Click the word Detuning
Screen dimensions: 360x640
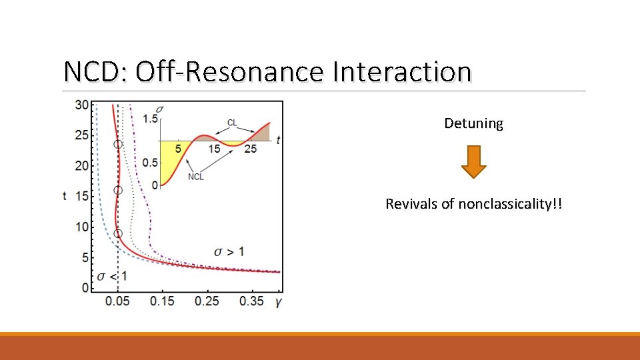pyautogui.click(x=473, y=123)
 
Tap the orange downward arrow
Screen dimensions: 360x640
pyautogui.click(x=473, y=161)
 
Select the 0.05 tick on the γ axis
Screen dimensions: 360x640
pyautogui.click(x=117, y=301)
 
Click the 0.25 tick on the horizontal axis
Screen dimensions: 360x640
pyautogui.click(x=207, y=301)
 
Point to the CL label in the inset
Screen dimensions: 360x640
pyautogui.click(x=232, y=123)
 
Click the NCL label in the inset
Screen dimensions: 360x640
pyautogui.click(x=196, y=177)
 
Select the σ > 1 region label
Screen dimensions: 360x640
pyautogui.click(x=229, y=251)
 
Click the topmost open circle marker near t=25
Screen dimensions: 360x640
pyautogui.click(x=118, y=144)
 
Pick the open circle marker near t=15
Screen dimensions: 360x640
pyautogui.click(x=118, y=190)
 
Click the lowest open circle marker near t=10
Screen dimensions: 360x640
pyautogui.click(x=118, y=233)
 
